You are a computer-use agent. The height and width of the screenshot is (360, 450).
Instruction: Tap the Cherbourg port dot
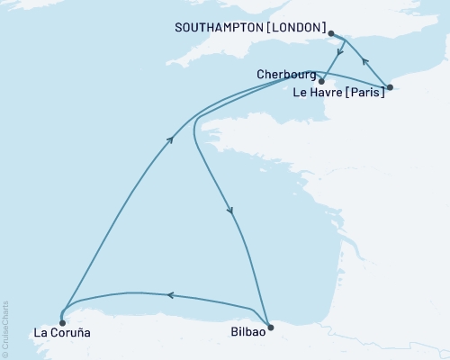321,81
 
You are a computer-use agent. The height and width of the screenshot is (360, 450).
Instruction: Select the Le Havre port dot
389,87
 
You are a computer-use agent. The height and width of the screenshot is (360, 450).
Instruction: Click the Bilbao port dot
270,327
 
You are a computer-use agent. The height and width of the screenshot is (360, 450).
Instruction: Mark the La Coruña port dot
61,322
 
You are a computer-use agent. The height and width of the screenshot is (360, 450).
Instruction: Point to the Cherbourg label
285,74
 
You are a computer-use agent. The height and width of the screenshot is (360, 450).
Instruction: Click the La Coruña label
61,334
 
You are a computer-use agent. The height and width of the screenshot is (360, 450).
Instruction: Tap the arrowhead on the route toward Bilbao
231,211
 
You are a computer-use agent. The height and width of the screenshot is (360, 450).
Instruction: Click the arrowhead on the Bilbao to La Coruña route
168,294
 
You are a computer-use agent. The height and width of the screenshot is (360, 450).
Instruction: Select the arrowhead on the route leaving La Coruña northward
171,138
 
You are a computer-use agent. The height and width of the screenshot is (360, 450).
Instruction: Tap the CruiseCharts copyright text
5,328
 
